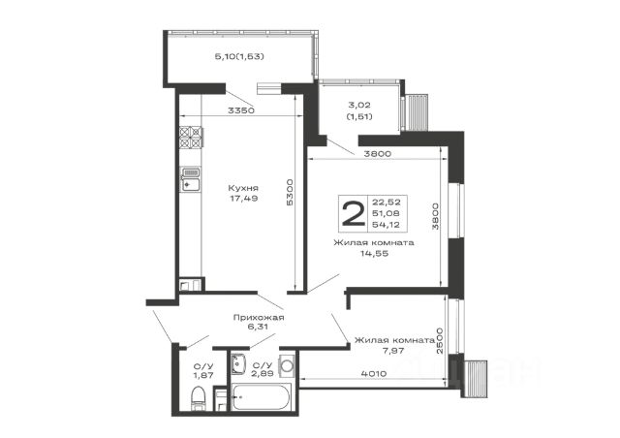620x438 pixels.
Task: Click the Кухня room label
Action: pyautogui.click(x=243, y=188)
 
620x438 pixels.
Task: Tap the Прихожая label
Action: pyautogui.click(x=259, y=317)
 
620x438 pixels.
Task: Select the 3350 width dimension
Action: pyautogui.click(x=241, y=110)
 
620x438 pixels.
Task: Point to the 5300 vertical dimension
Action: pyautogui.click(x=290, y=192)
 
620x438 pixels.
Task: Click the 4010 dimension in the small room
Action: pyautogui.click(x=374, y=373)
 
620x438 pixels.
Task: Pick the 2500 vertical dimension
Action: pyautogui.click(x=440, y=341)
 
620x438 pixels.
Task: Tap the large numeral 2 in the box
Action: pyautogui.click(x=353, y=213)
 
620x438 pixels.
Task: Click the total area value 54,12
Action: pyautogui.click(x=386, y=225)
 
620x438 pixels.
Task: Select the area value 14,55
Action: pyautogui.click(x=374, y=254)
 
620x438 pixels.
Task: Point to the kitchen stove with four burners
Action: pyautogui.click(x=191, y=137)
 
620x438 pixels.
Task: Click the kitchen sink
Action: pyautogui.click(x=191, y=179)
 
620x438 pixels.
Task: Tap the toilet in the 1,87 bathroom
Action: pyautogui.click(x=198, y=398)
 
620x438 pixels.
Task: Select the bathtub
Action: pyautogui.click(x=262, y=396)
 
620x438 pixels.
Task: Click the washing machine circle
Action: pyautogui.click(x=287, y=366)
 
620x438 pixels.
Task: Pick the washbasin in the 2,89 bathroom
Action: pyautogui.click(x=238, y=363)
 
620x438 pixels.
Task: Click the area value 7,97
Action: pyautogui.click(x=392, y=350)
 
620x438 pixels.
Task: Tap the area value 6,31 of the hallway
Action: pyautogui.click(x=258, y=327)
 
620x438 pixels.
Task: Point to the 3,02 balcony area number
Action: pyautogui.click(x=359, y=106)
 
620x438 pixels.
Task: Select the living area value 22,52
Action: pyautogui.click(x=387, y=203)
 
